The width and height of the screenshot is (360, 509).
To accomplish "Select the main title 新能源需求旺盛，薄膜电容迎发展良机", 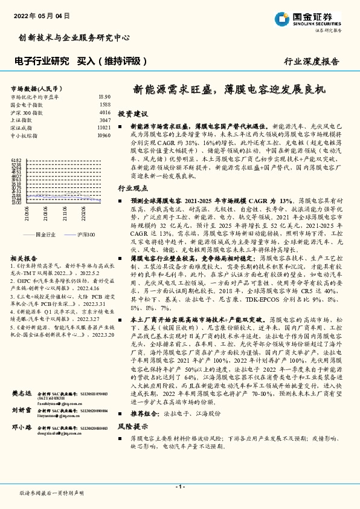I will pos(228,89).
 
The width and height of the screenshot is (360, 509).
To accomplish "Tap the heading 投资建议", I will pos(132,114).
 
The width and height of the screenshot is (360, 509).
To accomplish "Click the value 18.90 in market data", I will pos(104,97).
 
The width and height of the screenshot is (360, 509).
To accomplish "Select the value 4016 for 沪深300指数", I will pos(104,112).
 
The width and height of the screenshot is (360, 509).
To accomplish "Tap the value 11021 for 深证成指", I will pos(103,128).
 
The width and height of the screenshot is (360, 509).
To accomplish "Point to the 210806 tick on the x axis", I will pos(45,212).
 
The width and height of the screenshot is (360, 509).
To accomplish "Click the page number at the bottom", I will pos(179,487).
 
